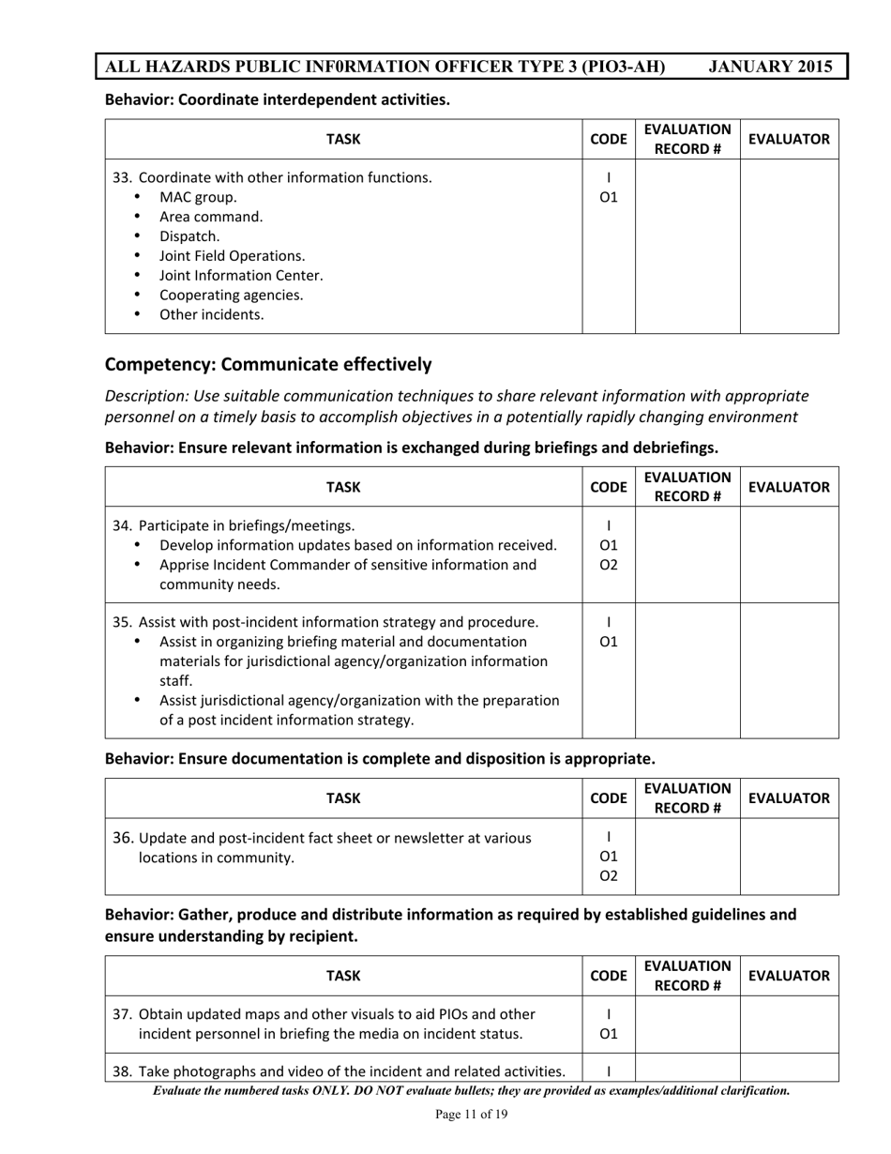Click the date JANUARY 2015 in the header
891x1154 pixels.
(x=770, y=67)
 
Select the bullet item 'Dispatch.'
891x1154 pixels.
(x=189, y=236)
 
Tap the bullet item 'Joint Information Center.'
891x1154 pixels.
(x=241, y=276)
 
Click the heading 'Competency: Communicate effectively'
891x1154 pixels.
(x=268, y=364)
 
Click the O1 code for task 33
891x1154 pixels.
(x=609, y=197)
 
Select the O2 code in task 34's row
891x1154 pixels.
(x=609, y=565)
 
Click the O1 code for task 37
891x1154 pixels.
(x=609, y=1034)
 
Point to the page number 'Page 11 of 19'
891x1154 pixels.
(x=472, y=1115)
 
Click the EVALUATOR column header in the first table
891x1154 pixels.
(x=789, y=140)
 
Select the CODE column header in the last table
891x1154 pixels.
(x=609, y=976)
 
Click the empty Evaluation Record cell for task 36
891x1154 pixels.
(x=687, y=857)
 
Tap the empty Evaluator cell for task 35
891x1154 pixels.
(x=789, y=671)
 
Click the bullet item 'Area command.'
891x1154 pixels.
(x=211, y=217)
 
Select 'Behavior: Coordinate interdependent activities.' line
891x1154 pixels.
(x=277, y=99)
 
